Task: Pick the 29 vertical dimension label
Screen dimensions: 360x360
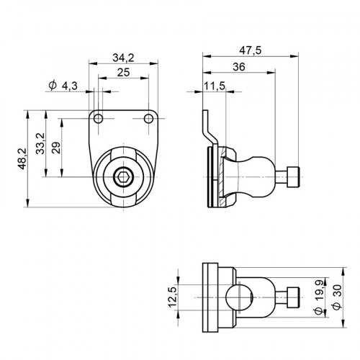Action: click(55, 148)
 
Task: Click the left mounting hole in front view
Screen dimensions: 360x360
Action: click(99, 118)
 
